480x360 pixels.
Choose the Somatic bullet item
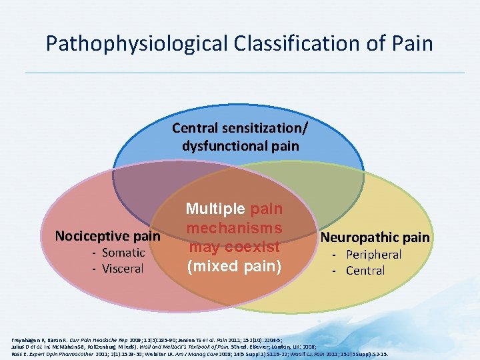(x=123, y=252)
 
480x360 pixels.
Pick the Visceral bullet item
(x=123, y=269)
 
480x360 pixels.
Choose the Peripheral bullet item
(x=373, y=254)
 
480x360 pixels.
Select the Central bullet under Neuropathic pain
(x=365, y=271)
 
